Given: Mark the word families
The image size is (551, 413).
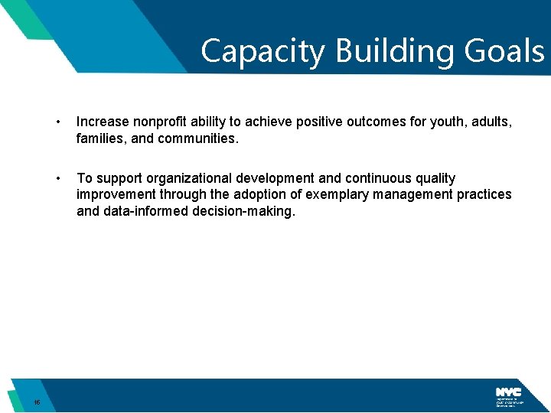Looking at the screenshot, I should click(99, 139).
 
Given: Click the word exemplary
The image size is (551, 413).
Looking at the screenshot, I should click(334, 195).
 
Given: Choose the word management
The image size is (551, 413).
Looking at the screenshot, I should click(412, 195).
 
